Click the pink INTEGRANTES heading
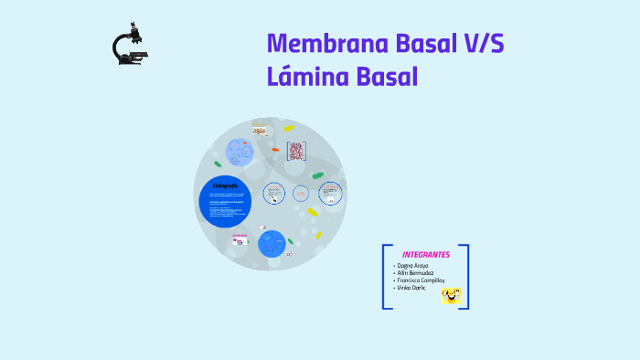pyautogui.click(x=425, y=254)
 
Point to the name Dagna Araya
pyautogui.click(x=411, y=265)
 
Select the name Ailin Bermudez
pyautogui.click(x=415, y=272)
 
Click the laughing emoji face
pyautogui.click(x=452, y=294)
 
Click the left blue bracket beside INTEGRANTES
pyautogui.click(x=385, y=276)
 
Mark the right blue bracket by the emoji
pyautogui.click(x=465, y=276)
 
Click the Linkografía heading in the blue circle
pyautogui.click(x=225, y=186)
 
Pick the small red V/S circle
pyautogui.click(x=302, y=193)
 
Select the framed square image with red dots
pyautogui.click(x=295, y=151)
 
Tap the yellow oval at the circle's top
pyautogui.click(x=289, y=129)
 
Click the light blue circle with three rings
pyautogui.click(x=241, y=151)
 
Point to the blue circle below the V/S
pyautogui.click(x=272, y=243)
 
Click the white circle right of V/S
pyautogui.click(x=330, y=193)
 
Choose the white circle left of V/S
pyautogui.click(x=274, y=193)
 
